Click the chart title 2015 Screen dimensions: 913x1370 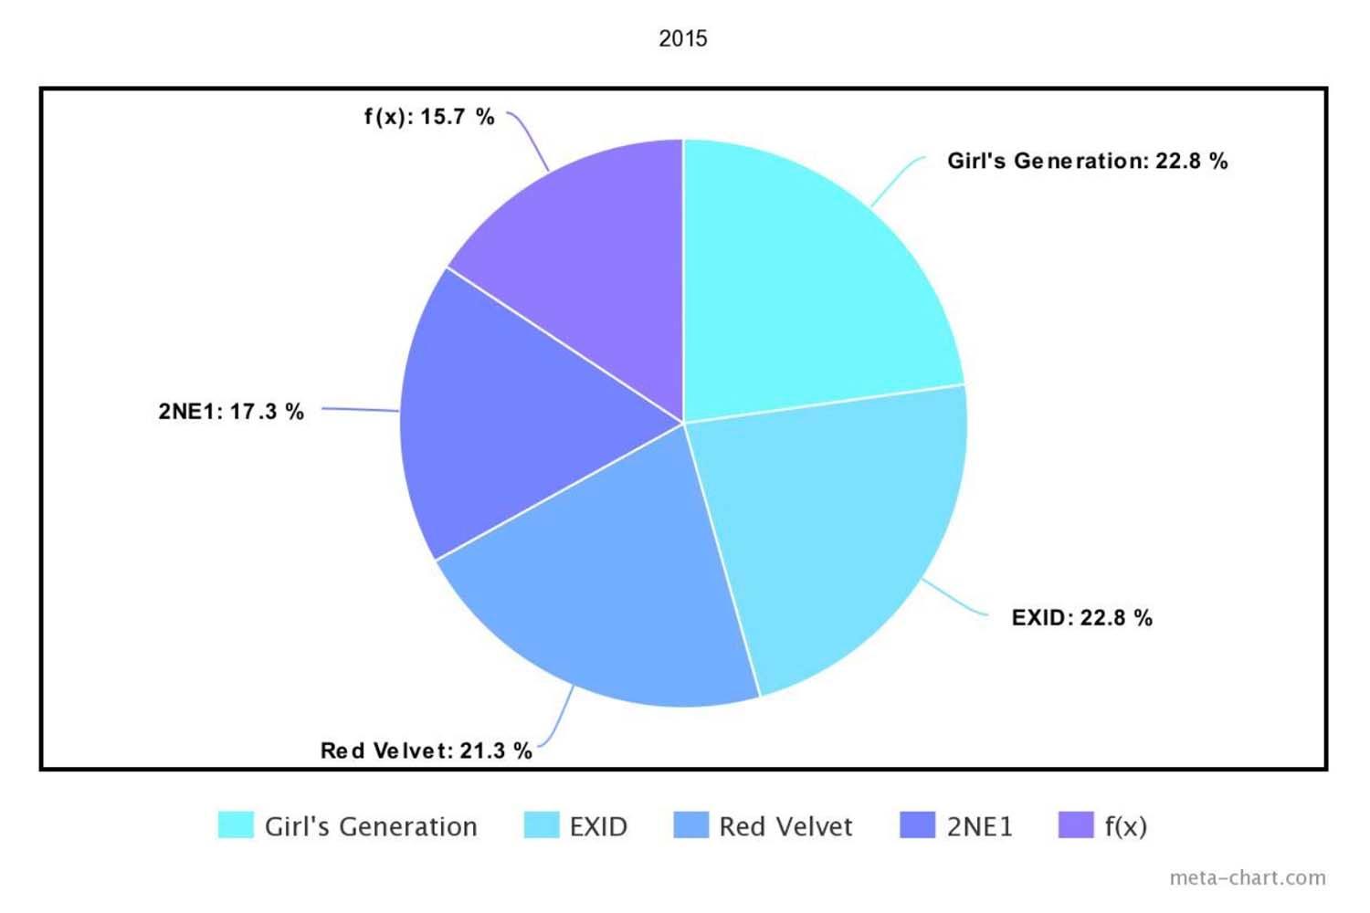(683, 38)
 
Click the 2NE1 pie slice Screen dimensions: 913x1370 (511, 420)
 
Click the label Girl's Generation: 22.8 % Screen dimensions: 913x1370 (1087, 162)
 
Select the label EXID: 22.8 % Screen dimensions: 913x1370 (1081, 618)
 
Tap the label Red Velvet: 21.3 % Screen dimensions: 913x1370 (426, 751)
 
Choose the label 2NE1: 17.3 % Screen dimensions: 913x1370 (231, 412)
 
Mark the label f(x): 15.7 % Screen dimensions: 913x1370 (429, 117)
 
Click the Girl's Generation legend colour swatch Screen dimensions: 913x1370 (236, 825)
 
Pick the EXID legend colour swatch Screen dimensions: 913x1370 (541, 825)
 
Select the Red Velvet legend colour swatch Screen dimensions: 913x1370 (690, 825)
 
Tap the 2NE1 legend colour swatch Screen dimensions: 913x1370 (917, 825)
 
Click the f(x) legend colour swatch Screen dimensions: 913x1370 (1076, 825)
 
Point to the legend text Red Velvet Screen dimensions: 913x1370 (785, 827)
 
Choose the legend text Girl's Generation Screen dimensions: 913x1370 (371, 827)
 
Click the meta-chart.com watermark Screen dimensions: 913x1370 (1247, 878)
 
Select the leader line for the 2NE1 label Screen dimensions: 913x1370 (361, 410)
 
